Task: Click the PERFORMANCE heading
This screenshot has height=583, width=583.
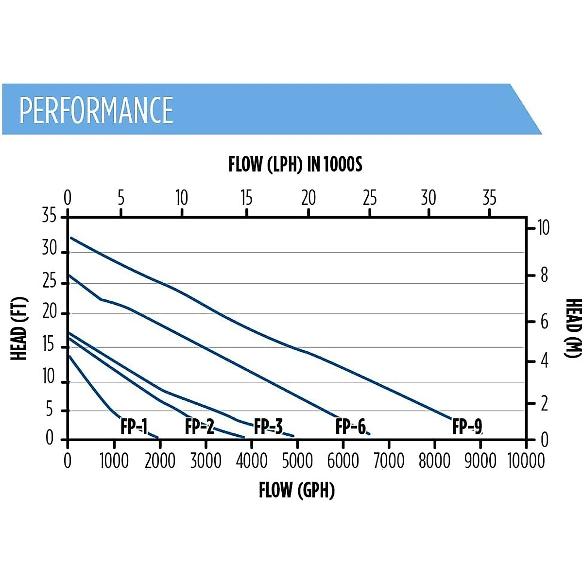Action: point(96,110)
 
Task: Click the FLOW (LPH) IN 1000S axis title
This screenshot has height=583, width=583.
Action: point(295,164)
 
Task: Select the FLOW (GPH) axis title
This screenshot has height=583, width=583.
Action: point(296,490)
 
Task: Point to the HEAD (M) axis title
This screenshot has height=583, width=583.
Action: point(573,328)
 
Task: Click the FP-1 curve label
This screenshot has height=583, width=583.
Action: point(134,427)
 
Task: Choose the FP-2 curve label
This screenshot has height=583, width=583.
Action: point(199,427)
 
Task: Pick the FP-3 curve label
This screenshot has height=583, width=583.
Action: point(268,427)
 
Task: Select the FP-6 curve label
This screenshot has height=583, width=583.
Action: point(350,427)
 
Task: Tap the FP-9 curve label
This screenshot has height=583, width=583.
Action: point(467,427)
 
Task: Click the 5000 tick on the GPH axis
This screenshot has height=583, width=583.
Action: point(297,461)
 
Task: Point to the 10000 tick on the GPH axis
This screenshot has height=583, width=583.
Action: point(526,461)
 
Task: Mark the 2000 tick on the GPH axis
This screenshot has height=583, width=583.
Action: point(160,461)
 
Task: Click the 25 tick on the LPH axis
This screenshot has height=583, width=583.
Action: point(370,198)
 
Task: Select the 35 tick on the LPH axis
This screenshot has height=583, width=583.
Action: point(489,198)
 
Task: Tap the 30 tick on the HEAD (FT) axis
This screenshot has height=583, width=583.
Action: point(50,248)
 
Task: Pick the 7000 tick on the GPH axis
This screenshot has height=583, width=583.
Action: point(389,461)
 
